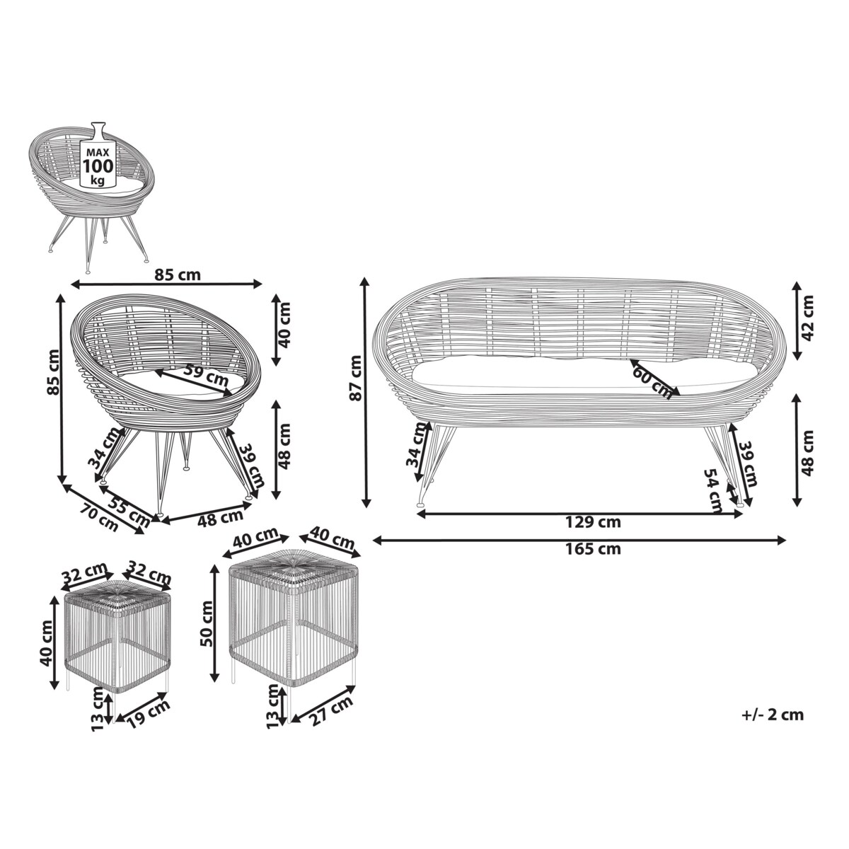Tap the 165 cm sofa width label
[x=593, y=549]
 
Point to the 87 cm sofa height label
[x=355, y=378]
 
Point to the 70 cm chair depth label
[x=100, y=518]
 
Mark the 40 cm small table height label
[x=45, y=643]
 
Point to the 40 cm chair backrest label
[x=285, y=325]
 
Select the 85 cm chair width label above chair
[x=178, y=275]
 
